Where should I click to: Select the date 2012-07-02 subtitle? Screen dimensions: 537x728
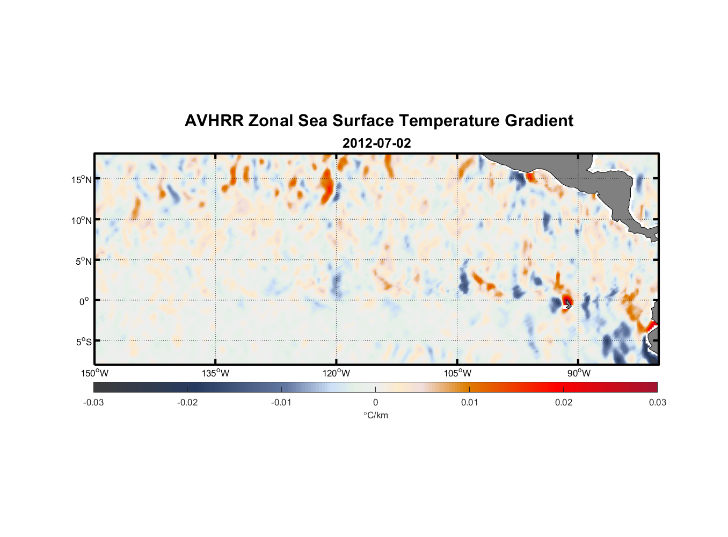coord(376,143)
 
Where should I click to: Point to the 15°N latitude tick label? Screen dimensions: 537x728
coord(82,179)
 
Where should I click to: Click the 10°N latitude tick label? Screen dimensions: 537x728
coord(82,220)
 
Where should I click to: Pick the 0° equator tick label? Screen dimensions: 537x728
coord(84,301)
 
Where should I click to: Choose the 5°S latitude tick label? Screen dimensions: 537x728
coord(83,342)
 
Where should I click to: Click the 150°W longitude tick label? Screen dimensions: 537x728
coord(94,373)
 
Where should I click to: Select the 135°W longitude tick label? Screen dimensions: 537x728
coord(215,373)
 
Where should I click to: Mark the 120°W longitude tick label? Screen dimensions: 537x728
coord(336,373)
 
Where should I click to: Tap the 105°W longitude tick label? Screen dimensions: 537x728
coord(457,373)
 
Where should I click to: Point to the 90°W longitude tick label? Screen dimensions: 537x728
coord(578,373)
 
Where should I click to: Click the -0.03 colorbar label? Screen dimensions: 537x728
coord(93,403)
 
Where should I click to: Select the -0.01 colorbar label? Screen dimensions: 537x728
coord(281,403)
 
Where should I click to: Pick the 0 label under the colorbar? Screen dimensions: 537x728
coord(375,403)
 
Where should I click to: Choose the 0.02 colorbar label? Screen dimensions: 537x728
coord(564,403)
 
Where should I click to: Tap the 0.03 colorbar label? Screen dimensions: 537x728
coord(657,403)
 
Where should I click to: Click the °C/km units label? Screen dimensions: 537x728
coord(375,415)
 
